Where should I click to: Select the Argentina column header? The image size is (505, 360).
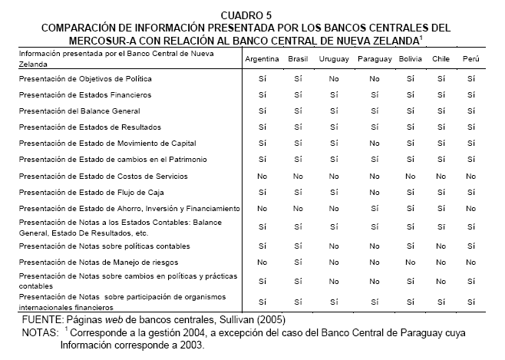click(262, 59)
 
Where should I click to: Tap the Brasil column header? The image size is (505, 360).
click(298, 59)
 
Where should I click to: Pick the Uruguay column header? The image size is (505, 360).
click(333, 59)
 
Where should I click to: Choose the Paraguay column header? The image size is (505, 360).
click(374, 59)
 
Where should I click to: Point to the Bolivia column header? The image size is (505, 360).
click(411, 59)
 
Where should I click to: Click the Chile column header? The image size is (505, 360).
click(441, 59)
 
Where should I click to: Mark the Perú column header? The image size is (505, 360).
click(470, 59)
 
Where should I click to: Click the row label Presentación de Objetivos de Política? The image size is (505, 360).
click(85, 78)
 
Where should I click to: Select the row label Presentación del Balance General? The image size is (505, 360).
click(79, 111)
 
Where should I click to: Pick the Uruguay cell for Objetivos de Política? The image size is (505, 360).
click(333, 78)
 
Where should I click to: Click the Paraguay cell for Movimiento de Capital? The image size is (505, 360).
click(374, 143)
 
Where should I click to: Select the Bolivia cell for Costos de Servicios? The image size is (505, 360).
click(411, 175)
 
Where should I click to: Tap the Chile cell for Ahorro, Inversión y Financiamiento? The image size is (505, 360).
click(441, 207)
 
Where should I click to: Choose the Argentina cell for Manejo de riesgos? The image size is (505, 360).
click(262, 263)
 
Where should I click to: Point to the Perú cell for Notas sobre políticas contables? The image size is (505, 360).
click(470, 246)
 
